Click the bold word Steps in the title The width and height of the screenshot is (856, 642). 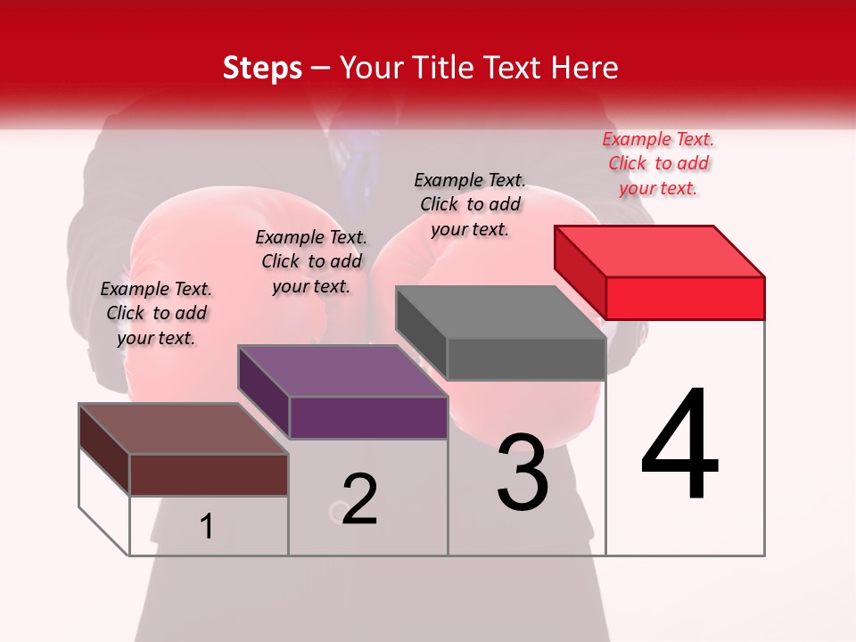[x=262, y=68]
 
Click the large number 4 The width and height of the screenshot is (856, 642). [x=680, y=445]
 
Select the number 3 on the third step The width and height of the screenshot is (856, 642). [x=523, y=472]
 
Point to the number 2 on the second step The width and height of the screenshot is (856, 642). [x=360, y=499]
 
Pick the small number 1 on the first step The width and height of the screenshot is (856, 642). [x=207, y=527]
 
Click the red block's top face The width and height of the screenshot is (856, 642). [x=660, y=251]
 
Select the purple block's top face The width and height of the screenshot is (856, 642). [x=342, y=370]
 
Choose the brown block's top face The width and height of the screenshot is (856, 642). [x=184, y=428]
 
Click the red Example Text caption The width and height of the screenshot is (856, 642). [x=658, y=163]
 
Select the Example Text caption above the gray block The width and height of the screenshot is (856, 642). [x=470, y=204]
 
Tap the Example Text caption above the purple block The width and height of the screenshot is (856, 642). [x=311, y=261]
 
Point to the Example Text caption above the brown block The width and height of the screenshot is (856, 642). [x=156, y=313]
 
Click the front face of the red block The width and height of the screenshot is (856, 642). [x=685, y=298]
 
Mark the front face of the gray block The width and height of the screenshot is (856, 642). [x=526, y=359]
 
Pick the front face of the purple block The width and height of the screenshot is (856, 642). [x=368, y=417]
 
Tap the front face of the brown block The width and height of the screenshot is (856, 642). [x=209, y=474]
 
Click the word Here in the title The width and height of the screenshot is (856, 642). [x=588, y=68]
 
